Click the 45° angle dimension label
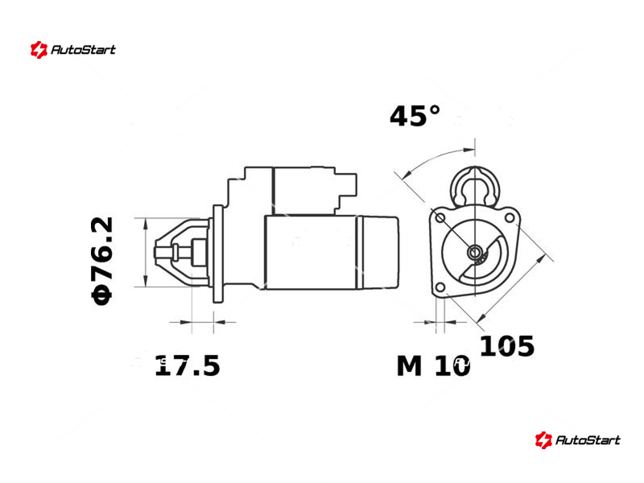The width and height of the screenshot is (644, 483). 415,116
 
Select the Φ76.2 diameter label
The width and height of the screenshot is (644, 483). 102,261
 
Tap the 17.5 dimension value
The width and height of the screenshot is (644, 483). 188,365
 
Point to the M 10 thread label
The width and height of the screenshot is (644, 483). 433,365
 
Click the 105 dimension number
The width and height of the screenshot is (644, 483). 507,346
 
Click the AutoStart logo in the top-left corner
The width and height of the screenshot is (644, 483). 72,50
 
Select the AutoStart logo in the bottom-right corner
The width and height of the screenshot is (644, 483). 577,440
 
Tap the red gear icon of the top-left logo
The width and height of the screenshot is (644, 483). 39,50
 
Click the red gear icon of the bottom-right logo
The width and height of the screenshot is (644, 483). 543,440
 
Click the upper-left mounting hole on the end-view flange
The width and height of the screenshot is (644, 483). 440,217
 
